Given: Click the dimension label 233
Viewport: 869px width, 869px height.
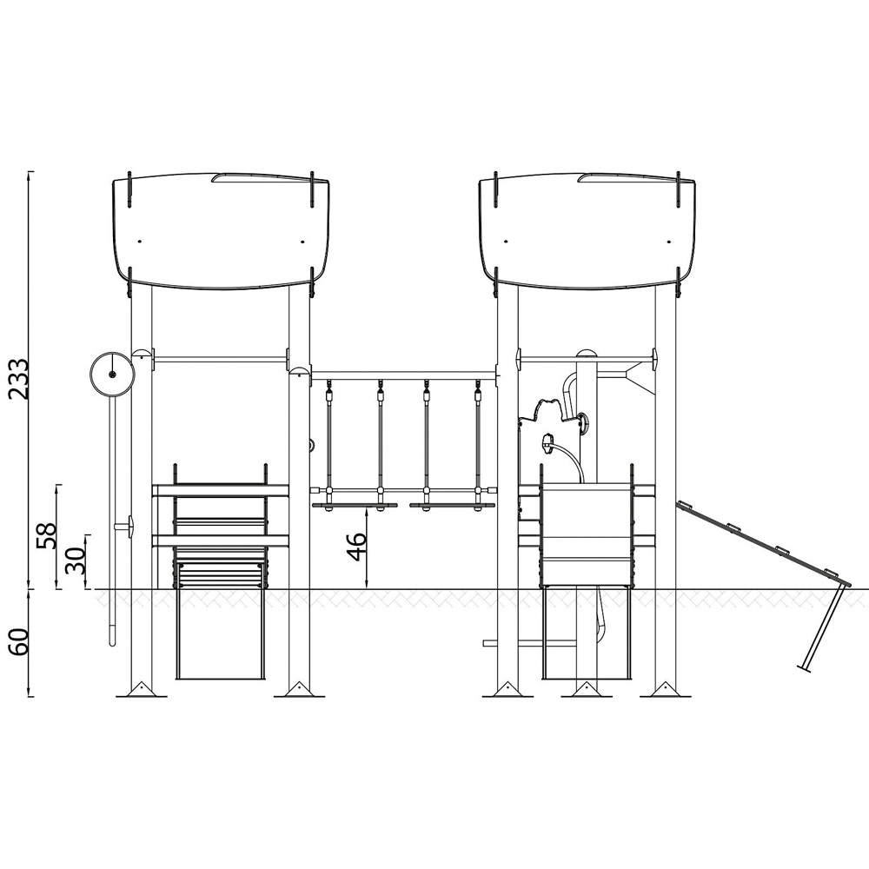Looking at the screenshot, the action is coord(18,379).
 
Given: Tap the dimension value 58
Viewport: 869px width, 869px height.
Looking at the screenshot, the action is coord(47,536).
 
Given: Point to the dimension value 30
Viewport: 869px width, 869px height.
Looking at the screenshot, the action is coord(76,561).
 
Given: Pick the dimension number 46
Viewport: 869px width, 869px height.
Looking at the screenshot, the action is coord(355,547).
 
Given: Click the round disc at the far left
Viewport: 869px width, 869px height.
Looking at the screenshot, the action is coord(112,375).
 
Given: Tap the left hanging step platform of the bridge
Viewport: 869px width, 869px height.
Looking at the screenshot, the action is coord(355,506).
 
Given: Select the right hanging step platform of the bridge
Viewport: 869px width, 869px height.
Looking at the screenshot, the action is coord(452,506).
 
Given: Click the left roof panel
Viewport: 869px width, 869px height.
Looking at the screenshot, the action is coord(221,231).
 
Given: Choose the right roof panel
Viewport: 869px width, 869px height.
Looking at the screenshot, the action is coord(587,231).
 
